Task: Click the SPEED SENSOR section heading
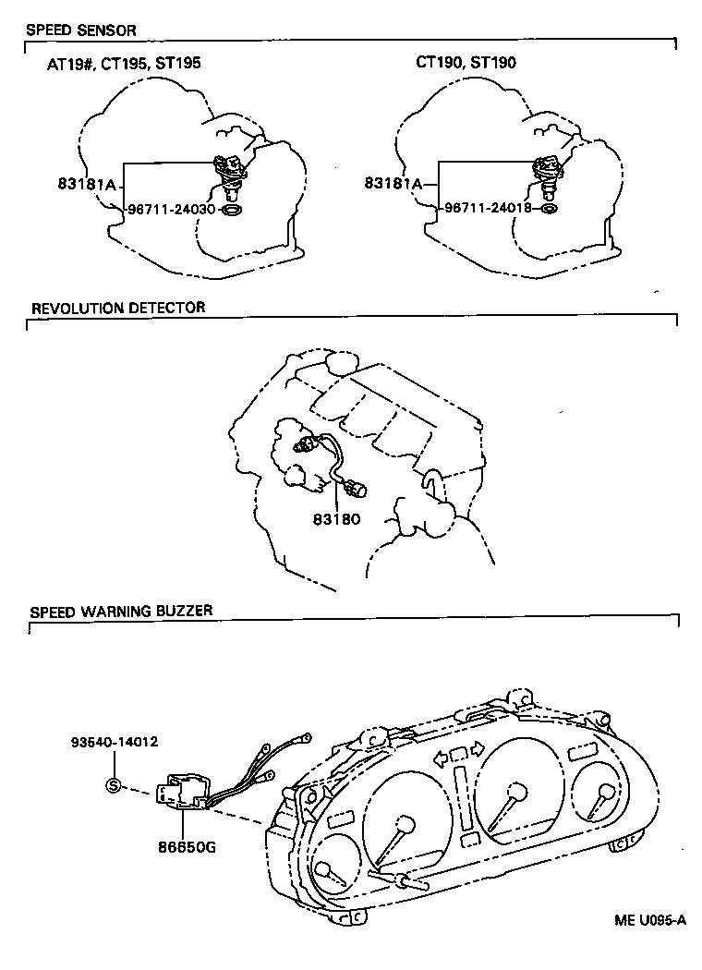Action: click(80, 30)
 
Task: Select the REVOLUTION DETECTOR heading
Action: click(118, 307)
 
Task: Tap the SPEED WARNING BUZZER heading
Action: click(121, 611)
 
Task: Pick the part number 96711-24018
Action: click(489, 208)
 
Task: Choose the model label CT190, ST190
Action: click(466, 63)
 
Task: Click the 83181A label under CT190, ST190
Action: click(393, 183)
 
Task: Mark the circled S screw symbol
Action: click(115, 786)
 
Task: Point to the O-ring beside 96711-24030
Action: click(234, 211)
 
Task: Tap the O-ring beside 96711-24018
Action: click(549, 209)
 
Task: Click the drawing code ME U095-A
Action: click(650, 919)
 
